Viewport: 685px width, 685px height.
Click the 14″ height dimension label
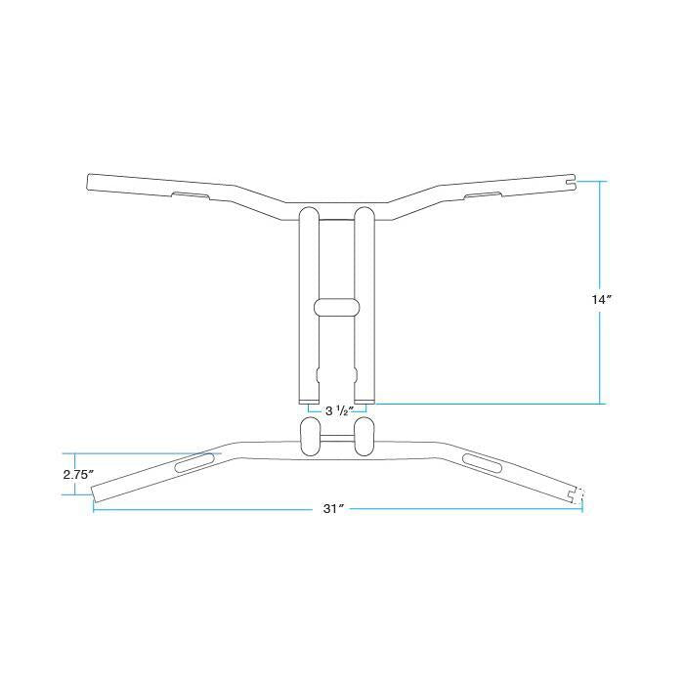601,300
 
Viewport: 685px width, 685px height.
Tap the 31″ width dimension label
334,509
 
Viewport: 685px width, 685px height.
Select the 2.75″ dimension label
78,475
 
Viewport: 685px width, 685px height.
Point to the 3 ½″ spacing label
339,410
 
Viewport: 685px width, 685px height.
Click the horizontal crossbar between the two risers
337,307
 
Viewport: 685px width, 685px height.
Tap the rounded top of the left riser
309,213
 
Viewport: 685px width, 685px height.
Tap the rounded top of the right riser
364,213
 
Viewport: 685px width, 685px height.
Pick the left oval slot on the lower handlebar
194,463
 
